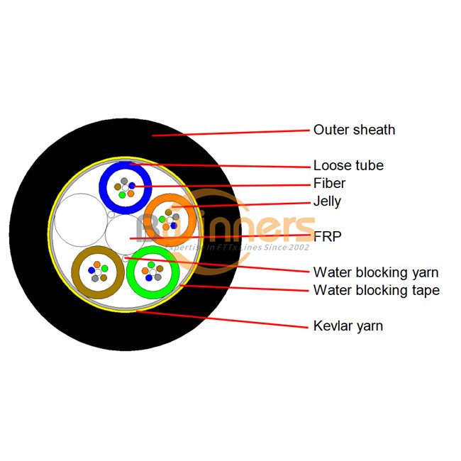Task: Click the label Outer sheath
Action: pos(354,130)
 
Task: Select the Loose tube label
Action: pos(348,165)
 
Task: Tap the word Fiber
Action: pos(330,183)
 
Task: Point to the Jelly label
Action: pos(327,201)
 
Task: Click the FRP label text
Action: pos(327,236)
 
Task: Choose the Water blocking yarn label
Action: pos(375,272)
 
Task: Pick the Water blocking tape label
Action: pos(376,289)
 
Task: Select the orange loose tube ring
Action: pos(150,220)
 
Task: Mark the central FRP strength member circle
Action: pos(126,234)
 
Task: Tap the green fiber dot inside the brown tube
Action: pos(104,267)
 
